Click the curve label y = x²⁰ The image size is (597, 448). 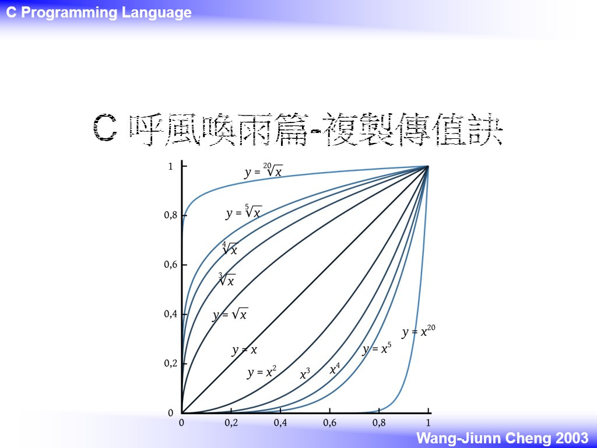pos(419,331)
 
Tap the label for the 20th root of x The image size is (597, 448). pos(264,171)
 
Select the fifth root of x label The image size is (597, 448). pos(244,212)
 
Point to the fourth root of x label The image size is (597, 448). pos(230,249)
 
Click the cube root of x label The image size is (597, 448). pos(227,279)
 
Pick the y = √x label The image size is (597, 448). pos(230,314)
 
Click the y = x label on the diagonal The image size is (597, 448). pos(244,350)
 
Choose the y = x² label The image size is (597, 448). pos(262,372)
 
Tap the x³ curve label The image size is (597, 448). pos(305,374)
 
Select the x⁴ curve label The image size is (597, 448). pos(335,369)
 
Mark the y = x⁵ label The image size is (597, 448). pos(377,348)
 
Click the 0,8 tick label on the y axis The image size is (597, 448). pos(171,215)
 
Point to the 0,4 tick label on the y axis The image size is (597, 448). pos(171,314)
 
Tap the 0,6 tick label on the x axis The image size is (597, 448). pos(330,422)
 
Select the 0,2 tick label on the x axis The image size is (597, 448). pos(231,422)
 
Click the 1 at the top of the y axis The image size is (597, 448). pos(171,166)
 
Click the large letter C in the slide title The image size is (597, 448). pos(104,128)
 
